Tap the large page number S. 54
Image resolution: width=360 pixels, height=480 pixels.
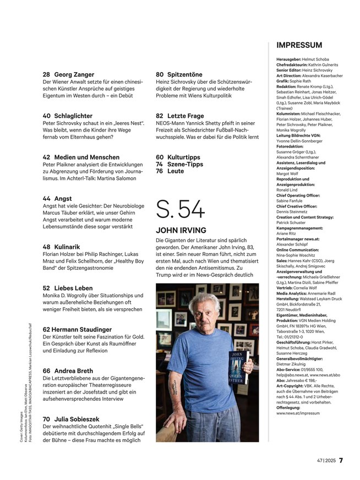(x=181, y=210)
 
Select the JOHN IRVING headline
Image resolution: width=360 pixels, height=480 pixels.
(x=181, y=230)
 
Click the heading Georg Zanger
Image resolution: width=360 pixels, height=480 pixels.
(x=74, y=74)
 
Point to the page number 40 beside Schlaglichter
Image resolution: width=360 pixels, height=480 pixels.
(x=47, y=116)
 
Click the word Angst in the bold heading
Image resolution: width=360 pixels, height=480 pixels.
(x=63, y=198)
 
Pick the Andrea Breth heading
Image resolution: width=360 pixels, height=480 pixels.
(x=74, y=370)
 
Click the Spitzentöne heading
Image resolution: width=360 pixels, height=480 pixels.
(x=186, y=74)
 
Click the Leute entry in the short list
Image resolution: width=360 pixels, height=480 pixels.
(x=176, y=171)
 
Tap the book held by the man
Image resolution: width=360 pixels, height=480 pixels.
(x=238, y=375)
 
